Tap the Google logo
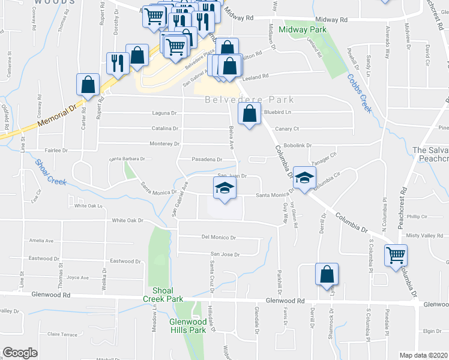pos(20,353)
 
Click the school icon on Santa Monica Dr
pos(224,188)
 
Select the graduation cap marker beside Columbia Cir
pos(304,178)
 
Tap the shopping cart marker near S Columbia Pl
pos(396,255)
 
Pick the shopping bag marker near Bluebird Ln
pos(249,113)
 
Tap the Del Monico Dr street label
pos(220,238)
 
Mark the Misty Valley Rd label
pos(424,235)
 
